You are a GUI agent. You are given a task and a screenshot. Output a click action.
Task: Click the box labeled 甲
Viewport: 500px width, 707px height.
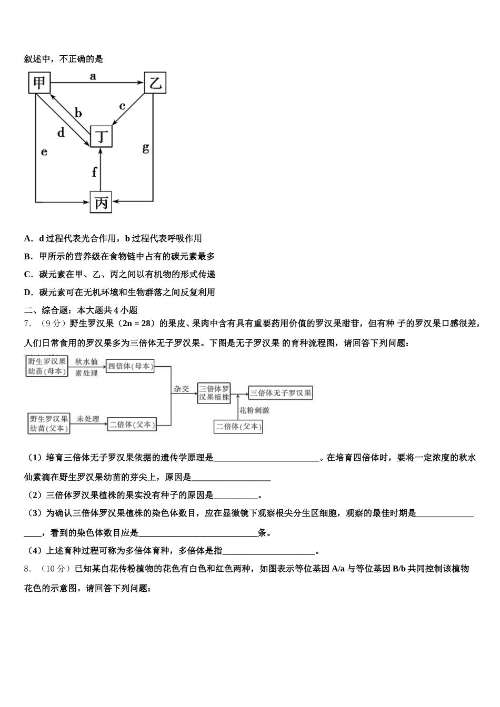pyautogui.click(x=39, y=83)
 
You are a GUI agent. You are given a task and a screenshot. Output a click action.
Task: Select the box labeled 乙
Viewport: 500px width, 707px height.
pyautogui.click(x=155, y=83)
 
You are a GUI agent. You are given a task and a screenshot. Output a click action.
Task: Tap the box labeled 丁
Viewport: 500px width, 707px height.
pyautogui.click(x=101, y=137)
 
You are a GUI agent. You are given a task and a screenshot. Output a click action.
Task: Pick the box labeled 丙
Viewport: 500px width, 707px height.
pyautogui.click(x=101, y=202)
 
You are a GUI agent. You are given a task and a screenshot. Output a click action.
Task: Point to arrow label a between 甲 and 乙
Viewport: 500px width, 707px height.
pyautogui.click(x=93, y=76)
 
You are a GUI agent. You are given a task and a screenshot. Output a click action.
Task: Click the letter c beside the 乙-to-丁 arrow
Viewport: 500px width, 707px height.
pyautogui.click(x=122, y=106)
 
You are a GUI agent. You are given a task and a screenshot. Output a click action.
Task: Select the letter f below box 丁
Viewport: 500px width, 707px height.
pyautogui.click(x=94, y=172)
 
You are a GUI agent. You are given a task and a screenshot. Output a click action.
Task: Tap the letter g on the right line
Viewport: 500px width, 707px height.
pyautogui.click(x=146, y=148)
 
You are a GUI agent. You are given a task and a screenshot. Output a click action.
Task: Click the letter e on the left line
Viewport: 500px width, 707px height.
pyautogui.click(x=44, y=152)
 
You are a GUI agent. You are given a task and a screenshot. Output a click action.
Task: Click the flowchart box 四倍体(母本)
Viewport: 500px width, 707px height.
pyautogui.click(x=130, y=366)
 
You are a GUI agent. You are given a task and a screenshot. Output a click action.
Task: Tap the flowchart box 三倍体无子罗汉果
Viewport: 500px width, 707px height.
pyautogui.click(x=281, y=392)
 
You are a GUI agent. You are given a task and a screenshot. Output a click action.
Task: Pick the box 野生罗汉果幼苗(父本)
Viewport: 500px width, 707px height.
pyautogui.click(x=48, y=423)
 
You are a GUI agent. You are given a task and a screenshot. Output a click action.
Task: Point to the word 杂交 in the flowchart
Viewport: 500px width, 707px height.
pyautogui.click(x=181, y=389)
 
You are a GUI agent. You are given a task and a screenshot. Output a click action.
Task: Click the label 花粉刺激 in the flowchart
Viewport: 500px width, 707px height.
pyautogui.click(x=254, y=410)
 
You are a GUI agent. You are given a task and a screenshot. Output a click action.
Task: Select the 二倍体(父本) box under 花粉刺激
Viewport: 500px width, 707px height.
pyautogui.click(x=238, y=426)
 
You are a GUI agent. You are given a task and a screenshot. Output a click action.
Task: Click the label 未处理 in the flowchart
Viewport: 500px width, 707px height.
pyautogui.click(x=87, y=419)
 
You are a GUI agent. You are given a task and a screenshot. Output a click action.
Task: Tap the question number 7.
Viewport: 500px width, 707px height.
pyautogui.click(x=27, y=323)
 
